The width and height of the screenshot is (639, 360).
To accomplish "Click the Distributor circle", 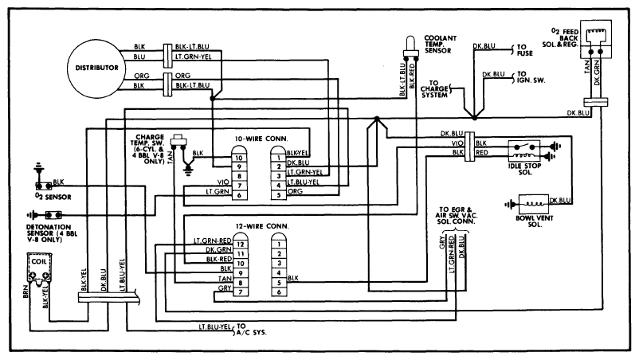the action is pyautogui.click(x=96, y=68).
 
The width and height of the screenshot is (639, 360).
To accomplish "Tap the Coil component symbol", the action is pyautogui.click(x=40, y=268).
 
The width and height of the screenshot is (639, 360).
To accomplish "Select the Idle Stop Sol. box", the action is pyautogui.click(x=524, y=151).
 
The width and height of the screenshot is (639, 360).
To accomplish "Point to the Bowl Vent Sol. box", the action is pyautogui.click(x=534, y=204).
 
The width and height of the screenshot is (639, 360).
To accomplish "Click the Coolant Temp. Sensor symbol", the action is pyautogui.click(x=411, y=47).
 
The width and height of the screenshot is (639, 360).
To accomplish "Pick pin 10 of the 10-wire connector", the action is pyautogui.click(x=239, y=158).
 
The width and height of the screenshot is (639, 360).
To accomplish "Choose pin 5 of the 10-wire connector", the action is pyautogui.click(x=279, y=195).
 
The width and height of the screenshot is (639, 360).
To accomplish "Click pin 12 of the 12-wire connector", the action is pyautogui.click(x=241, y=244).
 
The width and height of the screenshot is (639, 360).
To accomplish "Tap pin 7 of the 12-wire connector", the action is pyautogui.click(x=241, y=292).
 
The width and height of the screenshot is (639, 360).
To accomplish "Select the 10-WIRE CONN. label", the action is pyautogui.click(x=261, y=139).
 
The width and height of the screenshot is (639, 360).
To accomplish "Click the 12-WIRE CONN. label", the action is pyautogui.click(x=262, y=226).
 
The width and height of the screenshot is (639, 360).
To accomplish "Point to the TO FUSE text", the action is pyautogui.click(x=524, y=50).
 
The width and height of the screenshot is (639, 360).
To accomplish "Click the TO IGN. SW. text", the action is pyautogui.click(x=531, y=77).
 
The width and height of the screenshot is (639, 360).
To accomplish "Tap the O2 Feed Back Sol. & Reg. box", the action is pyautogui.click(x=595, y=39).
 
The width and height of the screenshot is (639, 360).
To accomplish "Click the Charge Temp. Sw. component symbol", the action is pyautogui.click(x=178, y=139).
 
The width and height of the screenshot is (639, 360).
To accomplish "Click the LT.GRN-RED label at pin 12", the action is pyautogui.click(x=212, y=241).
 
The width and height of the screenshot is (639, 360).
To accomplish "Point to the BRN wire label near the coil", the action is pyautogui.click(x=25, y=292).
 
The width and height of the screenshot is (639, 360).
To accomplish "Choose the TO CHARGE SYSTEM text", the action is pyautogui.click(x=434, y=88).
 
